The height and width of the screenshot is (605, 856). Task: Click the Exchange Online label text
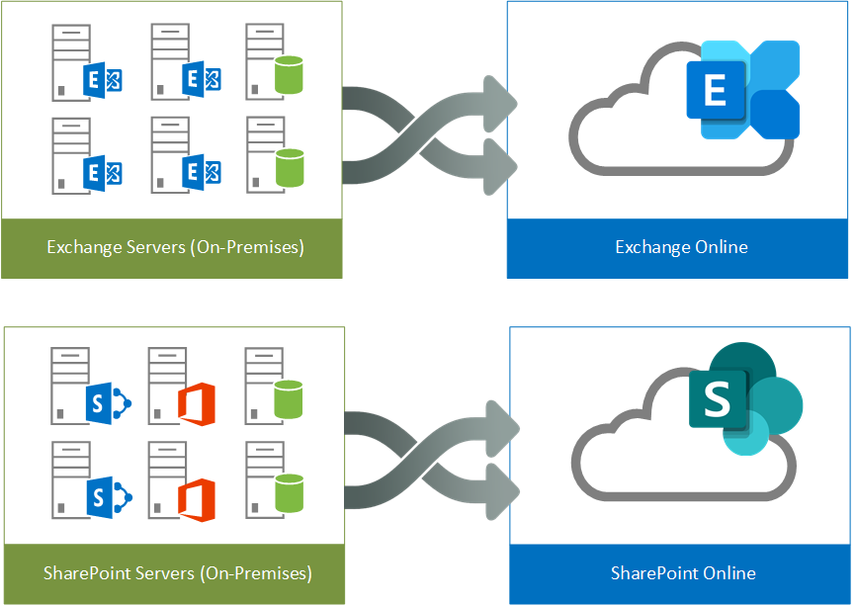coord(681,246)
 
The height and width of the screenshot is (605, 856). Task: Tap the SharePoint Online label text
coord(683,573)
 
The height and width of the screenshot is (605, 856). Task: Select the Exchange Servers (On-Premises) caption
coord(175,246)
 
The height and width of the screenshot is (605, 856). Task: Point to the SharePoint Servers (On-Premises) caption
coord(178,573)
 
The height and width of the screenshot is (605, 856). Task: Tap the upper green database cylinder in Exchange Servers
coord(288,75)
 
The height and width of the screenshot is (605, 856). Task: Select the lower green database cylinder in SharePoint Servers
coord(288,493)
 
